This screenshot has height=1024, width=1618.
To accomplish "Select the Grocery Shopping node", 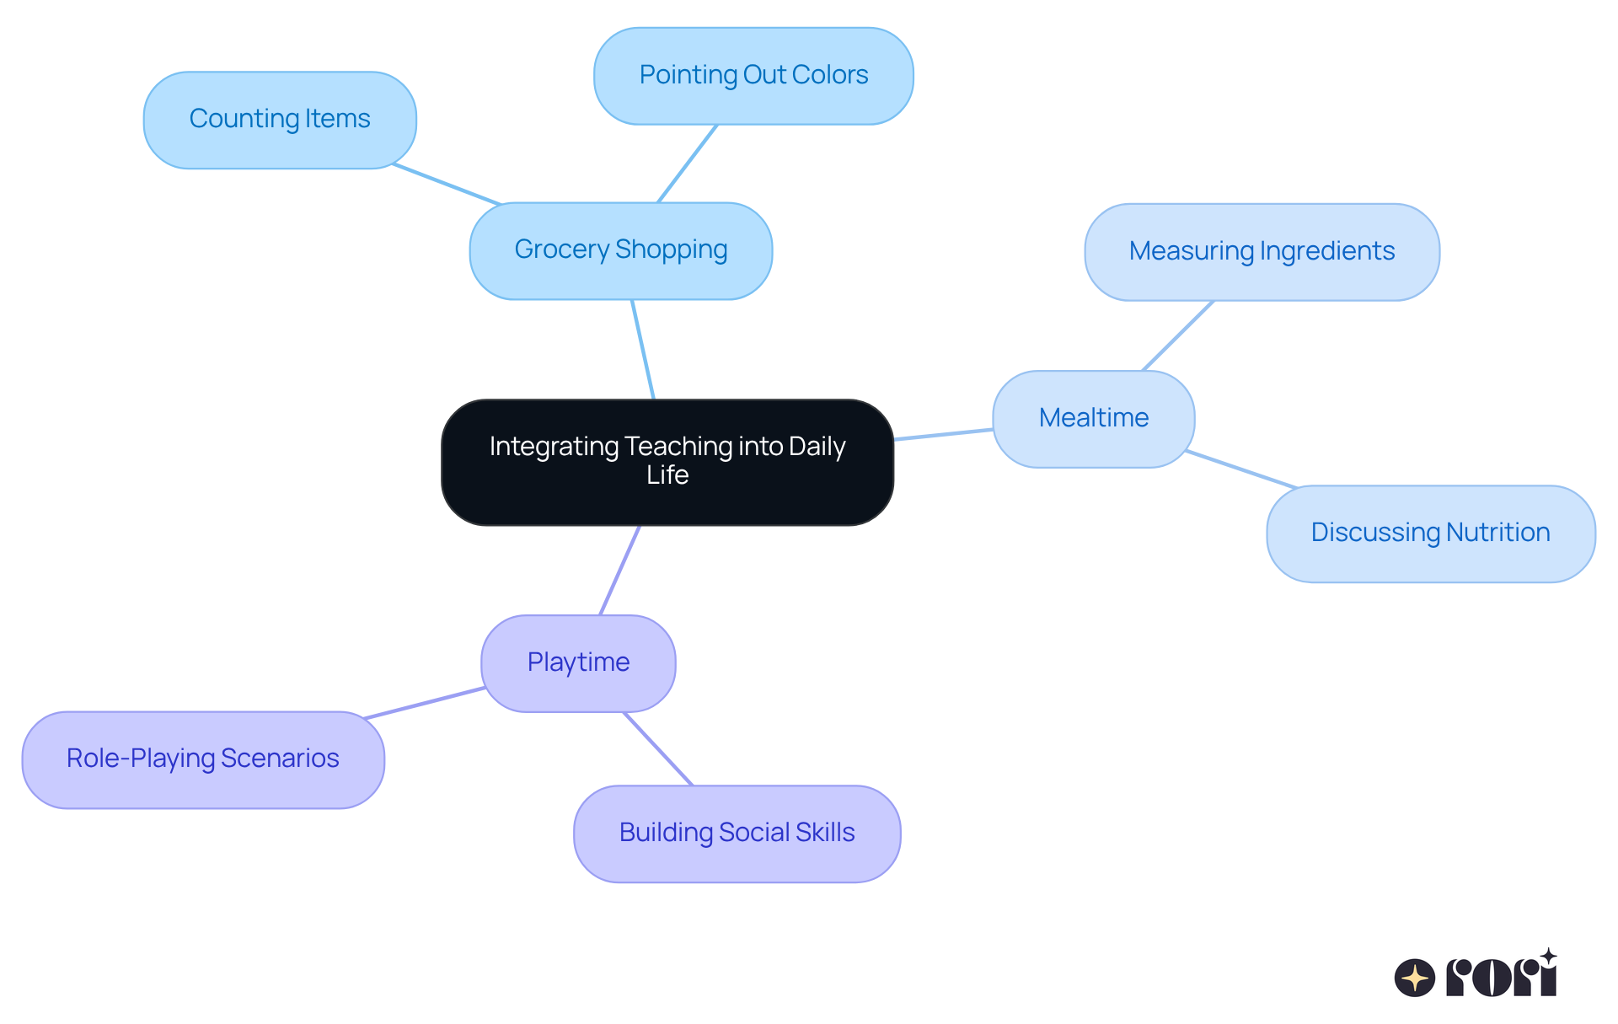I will pos(620,250).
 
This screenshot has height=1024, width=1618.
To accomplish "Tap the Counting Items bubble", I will pos(280,120).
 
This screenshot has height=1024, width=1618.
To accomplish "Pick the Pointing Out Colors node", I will pos(753,76).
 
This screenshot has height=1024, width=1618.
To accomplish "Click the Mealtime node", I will pos(1093,419).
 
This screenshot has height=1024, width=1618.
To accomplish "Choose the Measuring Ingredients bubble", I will pos(1262,252).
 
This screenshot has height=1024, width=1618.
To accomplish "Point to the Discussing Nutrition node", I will pos(1430,533).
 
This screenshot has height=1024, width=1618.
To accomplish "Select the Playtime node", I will pos(578,663).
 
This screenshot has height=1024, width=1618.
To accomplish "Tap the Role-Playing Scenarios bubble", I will pos(203,759).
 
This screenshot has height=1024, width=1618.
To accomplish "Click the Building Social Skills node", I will pos(737,834).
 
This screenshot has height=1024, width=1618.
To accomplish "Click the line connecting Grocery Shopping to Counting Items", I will pos(447,185).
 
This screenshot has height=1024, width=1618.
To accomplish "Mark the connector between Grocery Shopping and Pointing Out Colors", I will pos(688,164).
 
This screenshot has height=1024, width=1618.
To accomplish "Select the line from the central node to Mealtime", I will pos(943,434).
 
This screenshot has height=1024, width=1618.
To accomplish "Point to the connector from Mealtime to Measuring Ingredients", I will pos(1178,335).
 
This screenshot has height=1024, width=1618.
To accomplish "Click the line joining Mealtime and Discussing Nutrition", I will pos(1240,469).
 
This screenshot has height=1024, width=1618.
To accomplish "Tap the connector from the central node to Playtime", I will pos(619,571).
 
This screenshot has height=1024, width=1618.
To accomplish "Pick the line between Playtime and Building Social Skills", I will pos(658,748).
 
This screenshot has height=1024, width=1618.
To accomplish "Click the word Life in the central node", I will pos(667,475).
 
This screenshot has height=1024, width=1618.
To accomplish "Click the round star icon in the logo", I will pos(1414,978).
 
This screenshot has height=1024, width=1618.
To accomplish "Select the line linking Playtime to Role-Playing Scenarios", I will pos(424,703).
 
